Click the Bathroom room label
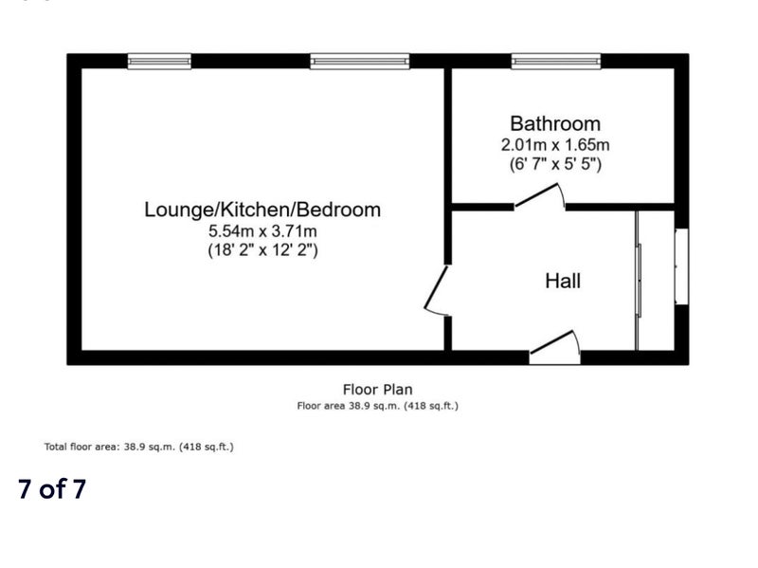555,124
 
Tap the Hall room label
563,281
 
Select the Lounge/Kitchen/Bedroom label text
262,210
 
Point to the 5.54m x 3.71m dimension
262,230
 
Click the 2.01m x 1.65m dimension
555,145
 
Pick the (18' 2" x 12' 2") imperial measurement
262,250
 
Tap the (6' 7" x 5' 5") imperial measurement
555,164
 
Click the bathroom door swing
539,196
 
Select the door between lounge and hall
437,291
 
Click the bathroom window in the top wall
556,62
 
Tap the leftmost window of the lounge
159,62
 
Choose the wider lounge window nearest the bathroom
360,62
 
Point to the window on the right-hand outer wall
681,266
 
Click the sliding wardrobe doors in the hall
638,281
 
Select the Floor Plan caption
377,390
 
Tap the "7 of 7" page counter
52,488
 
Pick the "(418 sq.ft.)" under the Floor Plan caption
431,406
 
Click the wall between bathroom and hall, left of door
482,207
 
